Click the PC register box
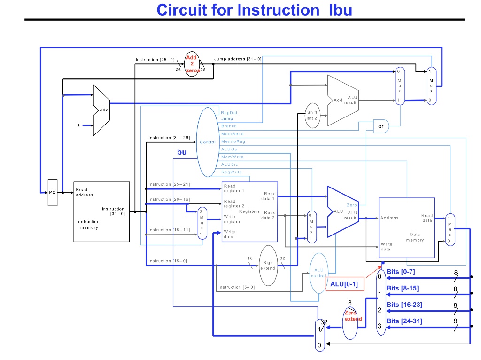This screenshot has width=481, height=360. click(x=53, y=192)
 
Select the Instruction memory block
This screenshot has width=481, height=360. click(x=101, y=211)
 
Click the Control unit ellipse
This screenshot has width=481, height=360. click(x=208, y=141)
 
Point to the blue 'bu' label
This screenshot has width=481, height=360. click(x=182, y=152)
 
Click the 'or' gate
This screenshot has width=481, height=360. click(x=380, y=126)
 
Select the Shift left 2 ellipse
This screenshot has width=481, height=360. click(x=312, y=115)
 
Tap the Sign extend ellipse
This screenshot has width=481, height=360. click(x=268, y=266)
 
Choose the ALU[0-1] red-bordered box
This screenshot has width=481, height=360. click(x=344, y=284)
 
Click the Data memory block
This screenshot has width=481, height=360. click(x=407, y=227)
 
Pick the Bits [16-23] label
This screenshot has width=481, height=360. click(x=404, y=305)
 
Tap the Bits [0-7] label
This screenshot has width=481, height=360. click(x=400, y=272)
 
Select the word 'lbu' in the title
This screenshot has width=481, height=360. click(x=337, y=9)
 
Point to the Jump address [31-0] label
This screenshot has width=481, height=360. click(x=237, y=59)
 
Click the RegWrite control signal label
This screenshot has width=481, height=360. click(x=231, y=172)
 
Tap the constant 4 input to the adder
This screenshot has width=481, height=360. click(x=78, y=125)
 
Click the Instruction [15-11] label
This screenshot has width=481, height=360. click(x=169, y=230)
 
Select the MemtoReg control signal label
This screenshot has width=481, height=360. click(x=233, y=141)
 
